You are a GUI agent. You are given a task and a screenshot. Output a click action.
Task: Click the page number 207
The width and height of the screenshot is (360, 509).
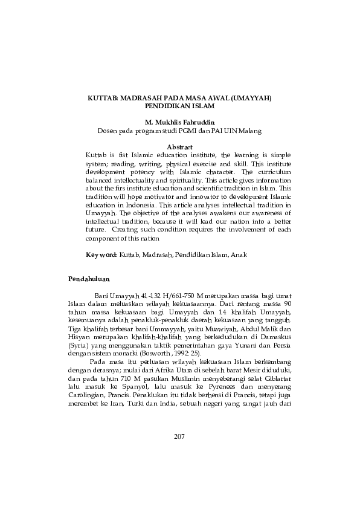coord(179,436)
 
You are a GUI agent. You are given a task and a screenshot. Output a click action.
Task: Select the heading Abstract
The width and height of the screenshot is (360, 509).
coord(179,147)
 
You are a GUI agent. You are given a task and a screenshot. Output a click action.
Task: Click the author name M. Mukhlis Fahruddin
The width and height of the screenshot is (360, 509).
coord(179,122)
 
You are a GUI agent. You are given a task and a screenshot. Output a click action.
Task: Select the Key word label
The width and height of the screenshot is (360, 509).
coord(101,255)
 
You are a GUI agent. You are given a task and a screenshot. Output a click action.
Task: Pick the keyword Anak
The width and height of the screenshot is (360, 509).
coord(238,255)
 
